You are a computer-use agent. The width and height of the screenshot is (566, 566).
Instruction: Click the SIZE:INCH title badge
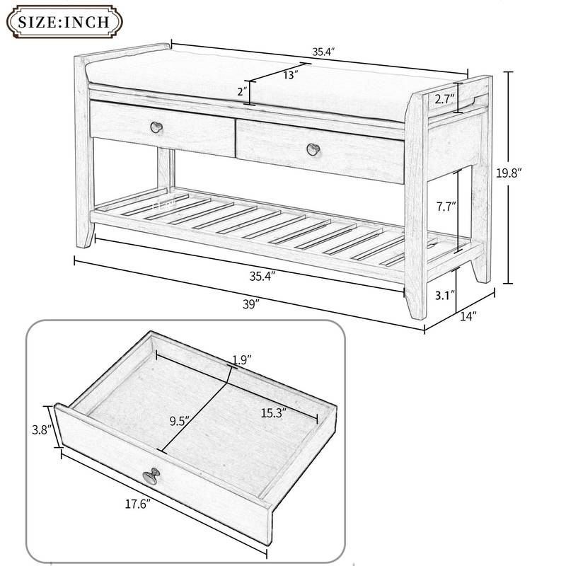[x=64, y=21]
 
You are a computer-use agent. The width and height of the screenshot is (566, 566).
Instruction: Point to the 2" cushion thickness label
[x=242, y=91]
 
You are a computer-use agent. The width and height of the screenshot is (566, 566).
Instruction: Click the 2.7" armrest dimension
[x=444, y=98]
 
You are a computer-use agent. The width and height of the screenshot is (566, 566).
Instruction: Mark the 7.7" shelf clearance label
[x=444, y=207]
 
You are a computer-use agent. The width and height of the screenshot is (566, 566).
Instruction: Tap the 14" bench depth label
[x=468, y=317]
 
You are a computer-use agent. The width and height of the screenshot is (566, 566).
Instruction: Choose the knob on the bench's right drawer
[x=312, y=149]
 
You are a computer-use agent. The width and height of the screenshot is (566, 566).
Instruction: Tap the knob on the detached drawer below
[x=150, y=476]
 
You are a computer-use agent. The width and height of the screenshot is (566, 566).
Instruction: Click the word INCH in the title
[x=89, y=21]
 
